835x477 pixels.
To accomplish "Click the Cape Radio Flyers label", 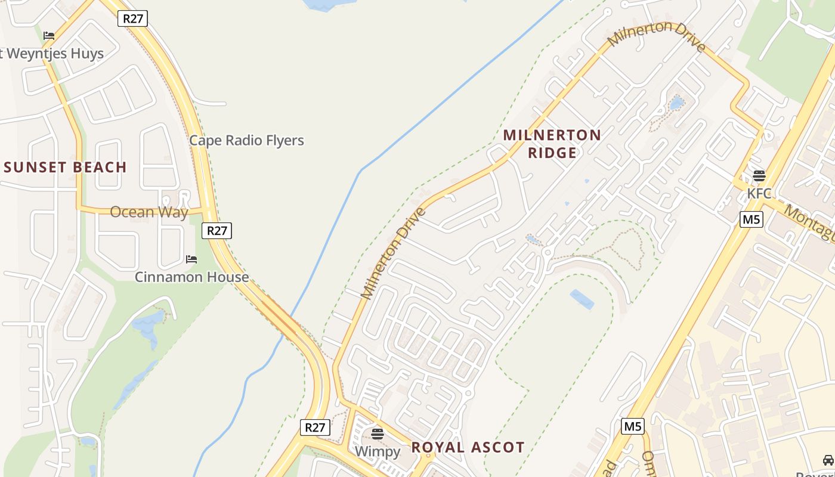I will (246, 141).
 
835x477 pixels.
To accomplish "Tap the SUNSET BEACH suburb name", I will (65, 168).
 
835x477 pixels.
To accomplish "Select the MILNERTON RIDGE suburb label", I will (552, 144).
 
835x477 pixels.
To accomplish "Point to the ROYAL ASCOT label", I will (468, 447).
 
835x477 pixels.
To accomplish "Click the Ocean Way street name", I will (149, 212).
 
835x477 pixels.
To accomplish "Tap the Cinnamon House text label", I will (191, 277).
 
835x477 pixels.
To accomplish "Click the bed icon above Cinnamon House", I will (191, 259).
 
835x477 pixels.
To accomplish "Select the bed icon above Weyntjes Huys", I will (49, 36).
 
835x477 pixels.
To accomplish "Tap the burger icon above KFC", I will (759, 176).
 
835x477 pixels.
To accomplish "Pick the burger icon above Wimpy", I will (378, 433).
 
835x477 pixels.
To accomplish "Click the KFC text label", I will (759, 194).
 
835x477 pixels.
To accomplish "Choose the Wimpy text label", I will (378, 451).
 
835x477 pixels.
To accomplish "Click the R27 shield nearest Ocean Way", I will (217, 231).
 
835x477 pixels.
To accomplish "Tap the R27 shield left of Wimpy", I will (315, 428).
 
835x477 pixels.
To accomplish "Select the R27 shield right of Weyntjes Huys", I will (133, 18).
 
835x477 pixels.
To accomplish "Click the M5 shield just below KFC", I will (751, 219).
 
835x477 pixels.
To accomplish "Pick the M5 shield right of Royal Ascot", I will (633, 426).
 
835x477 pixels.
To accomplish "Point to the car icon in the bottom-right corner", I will (828, 460).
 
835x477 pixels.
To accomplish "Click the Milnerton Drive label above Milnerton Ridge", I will (656, 36).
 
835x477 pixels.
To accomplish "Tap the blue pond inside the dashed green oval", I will (582, 299).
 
